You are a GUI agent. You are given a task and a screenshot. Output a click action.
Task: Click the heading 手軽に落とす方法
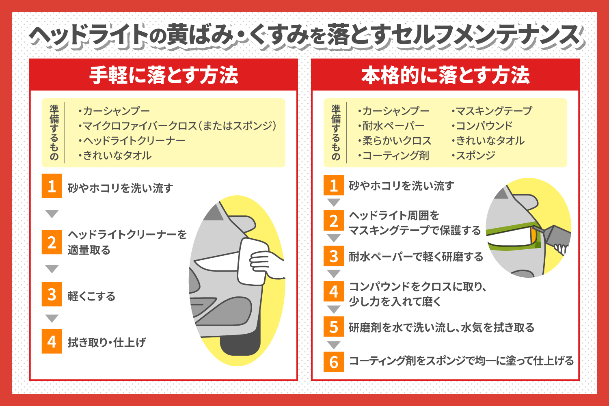(x=164, y=76)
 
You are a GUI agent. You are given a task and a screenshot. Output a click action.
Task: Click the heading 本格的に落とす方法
(x=445, y=76)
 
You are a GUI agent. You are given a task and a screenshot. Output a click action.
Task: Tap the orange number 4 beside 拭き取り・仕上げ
(x=52, y=341)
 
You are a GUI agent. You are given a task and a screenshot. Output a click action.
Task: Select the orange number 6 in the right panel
(x=334, y=362)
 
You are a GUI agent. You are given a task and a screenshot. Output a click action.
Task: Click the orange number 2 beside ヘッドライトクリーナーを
(x=52, y=242)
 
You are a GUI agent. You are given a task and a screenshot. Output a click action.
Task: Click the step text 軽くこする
(x=91, y=296)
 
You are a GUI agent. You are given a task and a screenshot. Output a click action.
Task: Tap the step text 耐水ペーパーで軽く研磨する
(x=416, y=257)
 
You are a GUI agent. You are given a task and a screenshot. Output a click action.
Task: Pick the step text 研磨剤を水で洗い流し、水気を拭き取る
(x=442, y=327)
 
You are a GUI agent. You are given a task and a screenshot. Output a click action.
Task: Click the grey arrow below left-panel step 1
(x=52, y=214)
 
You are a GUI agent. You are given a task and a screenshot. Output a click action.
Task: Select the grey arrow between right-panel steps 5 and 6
(x=334, y=345)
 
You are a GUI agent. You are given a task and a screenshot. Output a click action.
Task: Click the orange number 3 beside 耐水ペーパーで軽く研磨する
(x=334, y=256)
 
